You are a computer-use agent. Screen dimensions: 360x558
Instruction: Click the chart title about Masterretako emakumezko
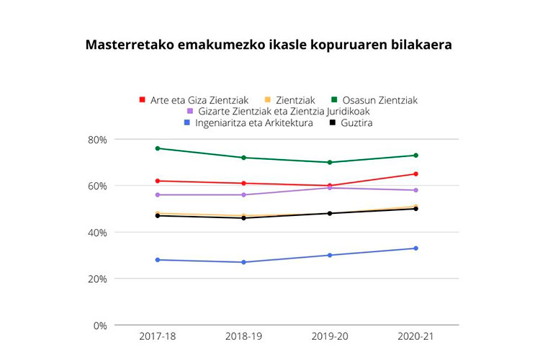pyautogui.click(x=269, y=45)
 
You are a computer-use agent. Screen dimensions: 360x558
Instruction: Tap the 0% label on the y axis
pyautogui.click(x=99, y=325)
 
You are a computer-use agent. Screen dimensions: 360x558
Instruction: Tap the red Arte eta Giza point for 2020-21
pyautogui.click(x=415, y=174)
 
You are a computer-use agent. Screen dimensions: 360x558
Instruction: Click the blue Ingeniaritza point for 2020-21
pyautogui.click(x=415, y=248)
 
